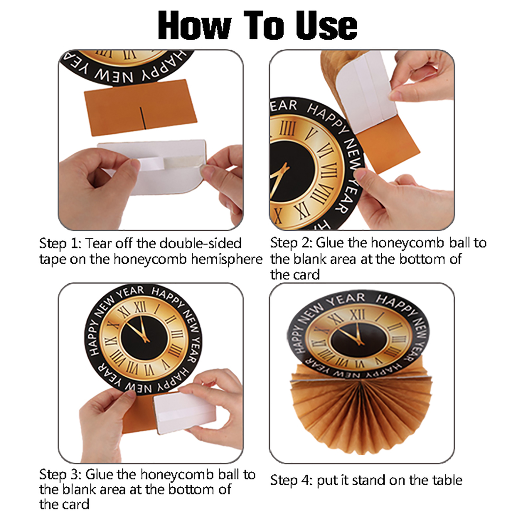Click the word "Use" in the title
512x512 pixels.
pos(326,25)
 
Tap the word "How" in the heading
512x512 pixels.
pos(195,25)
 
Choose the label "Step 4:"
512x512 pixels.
pos(291,481)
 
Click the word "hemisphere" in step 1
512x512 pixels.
pos(227,259)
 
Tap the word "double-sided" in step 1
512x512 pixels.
pos(201,243)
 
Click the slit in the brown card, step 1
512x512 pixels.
pos(142,118)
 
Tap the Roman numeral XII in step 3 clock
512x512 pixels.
pos(140,307)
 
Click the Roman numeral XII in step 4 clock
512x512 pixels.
pos(357,315)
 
